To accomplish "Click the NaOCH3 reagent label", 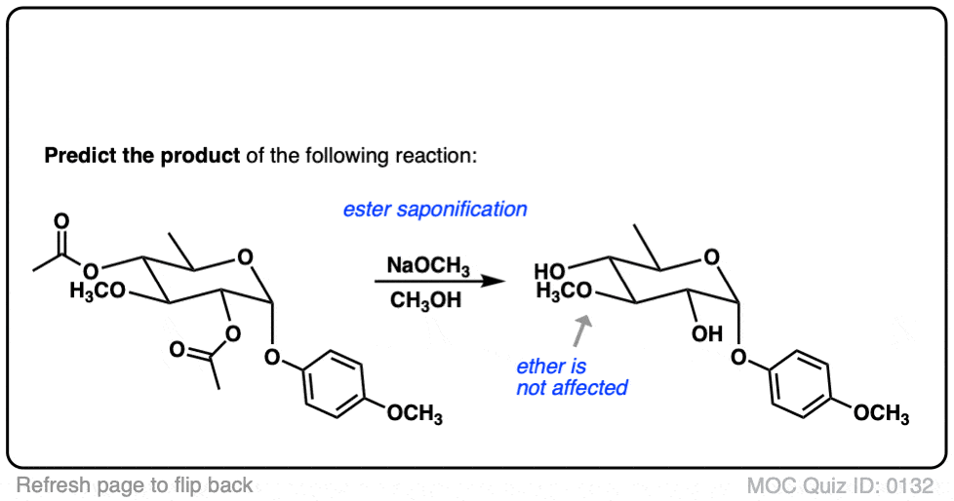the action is [x=428, y=266].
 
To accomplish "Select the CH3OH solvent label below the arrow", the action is [x=426, y=300].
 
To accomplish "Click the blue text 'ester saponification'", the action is [x=435, y=210].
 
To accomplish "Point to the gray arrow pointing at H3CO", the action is [x=582, y=330].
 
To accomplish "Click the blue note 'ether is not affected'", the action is [x=572, y=377].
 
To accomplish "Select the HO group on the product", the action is [x=549, y=271].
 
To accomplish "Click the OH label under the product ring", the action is [x=707, y=333].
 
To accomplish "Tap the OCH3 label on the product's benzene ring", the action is [x=881, y=414].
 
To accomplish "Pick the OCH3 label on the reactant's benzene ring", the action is [x=415, y=414].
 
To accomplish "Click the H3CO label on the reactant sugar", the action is [x=98, y=290].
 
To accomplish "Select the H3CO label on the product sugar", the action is [x=564, y=290].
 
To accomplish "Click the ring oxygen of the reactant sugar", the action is [x=245, y=257].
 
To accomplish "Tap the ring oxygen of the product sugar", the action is [x=711, y=257].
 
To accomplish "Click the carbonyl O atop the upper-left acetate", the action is [x=61, y=220].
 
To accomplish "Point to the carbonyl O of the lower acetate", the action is [x=178, y=349].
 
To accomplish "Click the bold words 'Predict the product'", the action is [x=142, y=156].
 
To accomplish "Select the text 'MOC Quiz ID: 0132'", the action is [x=840, y=485].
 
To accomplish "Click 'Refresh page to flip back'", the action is [x=135, y=485].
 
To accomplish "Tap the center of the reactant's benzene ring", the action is [x=334, y=383].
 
